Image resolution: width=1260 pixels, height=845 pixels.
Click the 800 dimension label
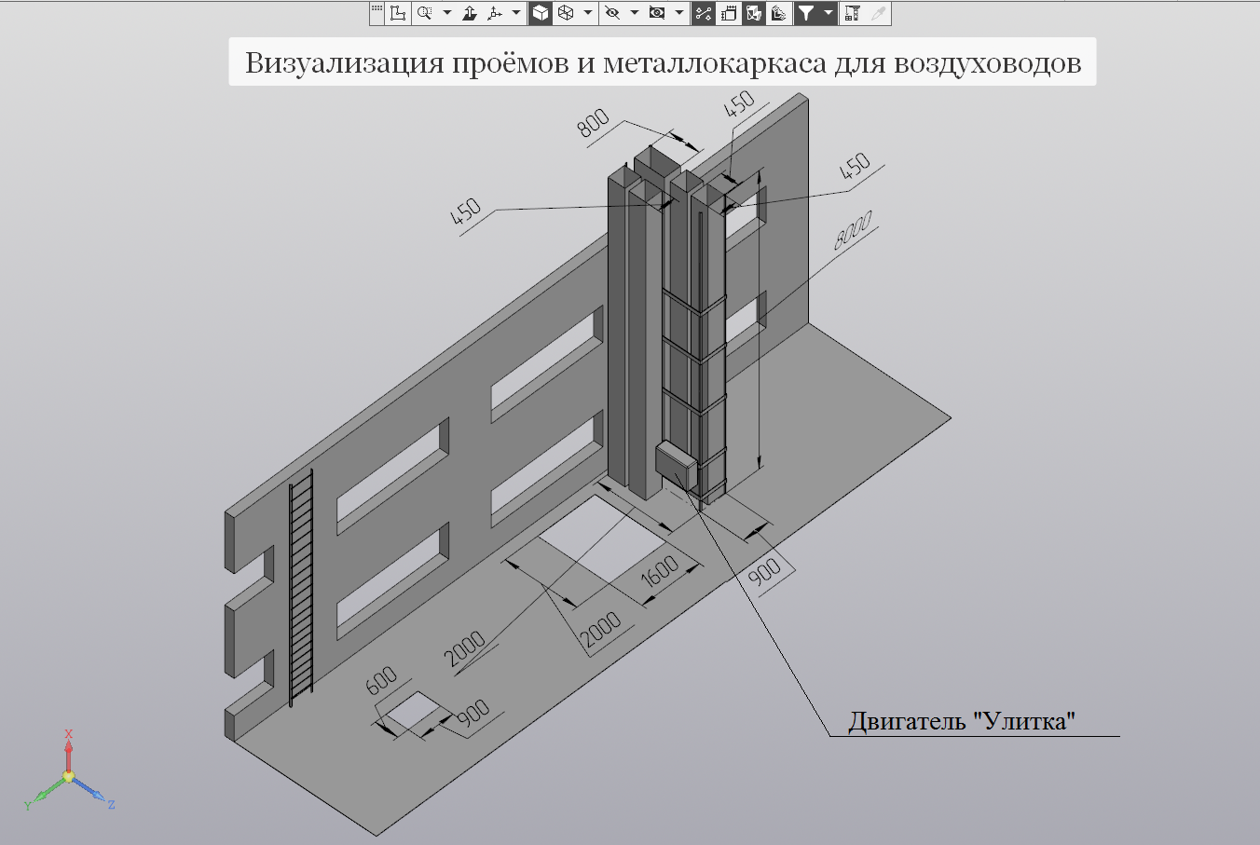point(593,123)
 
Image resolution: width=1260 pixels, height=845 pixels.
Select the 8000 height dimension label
point(853,229)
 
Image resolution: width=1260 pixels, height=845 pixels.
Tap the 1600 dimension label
point(659,571)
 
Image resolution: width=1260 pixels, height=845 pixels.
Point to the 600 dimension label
point(381,680)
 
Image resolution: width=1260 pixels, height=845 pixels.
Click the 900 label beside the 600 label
point(473,713)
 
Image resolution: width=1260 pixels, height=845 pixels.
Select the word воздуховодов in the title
point(987,64)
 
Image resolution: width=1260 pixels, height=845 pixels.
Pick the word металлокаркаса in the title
point(715,63)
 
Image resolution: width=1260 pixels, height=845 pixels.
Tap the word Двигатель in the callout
point(907,721)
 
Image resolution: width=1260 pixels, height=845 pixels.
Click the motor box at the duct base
point(677,465)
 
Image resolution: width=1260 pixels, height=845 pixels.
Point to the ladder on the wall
point(301,588)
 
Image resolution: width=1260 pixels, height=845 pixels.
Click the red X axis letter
point(69,734)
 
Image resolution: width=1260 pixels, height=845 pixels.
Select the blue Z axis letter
point(112,805)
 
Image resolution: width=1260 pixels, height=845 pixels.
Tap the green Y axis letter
point(28,806)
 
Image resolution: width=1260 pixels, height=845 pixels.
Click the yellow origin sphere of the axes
point(69,776)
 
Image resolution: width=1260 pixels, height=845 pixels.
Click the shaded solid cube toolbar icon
point(540,13)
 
